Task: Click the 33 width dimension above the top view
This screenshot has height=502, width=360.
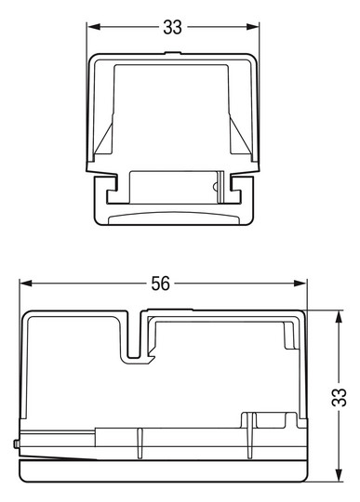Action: point(172,27)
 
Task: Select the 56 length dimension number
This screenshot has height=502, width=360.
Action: point(160,285)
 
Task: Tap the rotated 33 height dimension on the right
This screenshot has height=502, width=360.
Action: point(340,398)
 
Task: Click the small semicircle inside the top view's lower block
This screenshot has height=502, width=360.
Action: point(216,187)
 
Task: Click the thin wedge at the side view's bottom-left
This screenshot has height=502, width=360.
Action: point(56,458)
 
